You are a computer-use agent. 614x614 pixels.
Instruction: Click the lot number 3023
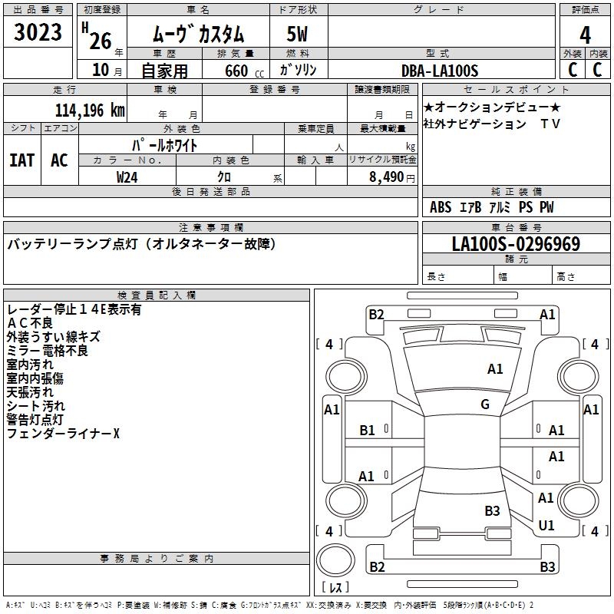(38, 33)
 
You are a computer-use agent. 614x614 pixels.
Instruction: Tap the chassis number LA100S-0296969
(516, 244)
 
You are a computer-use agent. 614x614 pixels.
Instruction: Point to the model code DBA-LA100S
(440, 71)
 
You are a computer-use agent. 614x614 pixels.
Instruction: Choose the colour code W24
(127, 177)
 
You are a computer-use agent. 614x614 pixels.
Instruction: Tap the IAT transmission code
(21, 160)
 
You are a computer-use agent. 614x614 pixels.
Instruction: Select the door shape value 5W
(298, 34)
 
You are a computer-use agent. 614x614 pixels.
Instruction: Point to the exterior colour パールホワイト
(165, 144)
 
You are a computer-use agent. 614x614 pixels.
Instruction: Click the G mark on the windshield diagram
(485, 404)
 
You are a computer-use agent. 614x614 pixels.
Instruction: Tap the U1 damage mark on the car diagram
(546, 526)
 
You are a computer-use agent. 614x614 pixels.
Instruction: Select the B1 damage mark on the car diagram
(368, 431)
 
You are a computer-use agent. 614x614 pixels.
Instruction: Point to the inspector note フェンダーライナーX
(63, 434)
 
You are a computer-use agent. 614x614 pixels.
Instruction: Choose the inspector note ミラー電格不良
(48, 351)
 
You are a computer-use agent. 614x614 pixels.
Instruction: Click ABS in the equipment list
(441, 207)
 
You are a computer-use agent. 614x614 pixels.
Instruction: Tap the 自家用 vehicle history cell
(164, 71)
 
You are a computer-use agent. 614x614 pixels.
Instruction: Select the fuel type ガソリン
(298, 71)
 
